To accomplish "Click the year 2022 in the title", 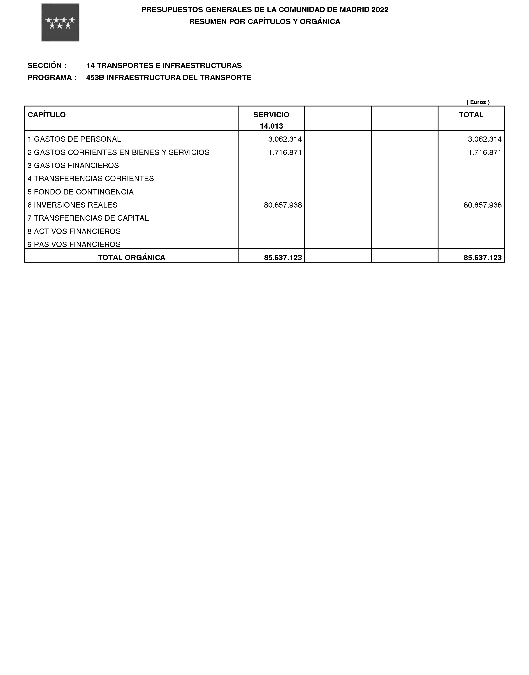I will point(380,10).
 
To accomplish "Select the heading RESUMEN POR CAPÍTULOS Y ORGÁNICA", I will point(264,22).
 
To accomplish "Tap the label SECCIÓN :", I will point(47,66).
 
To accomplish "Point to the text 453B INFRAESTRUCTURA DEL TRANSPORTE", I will point(169,78).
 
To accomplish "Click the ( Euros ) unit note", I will point(478,102).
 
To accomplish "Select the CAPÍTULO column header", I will point(47,115).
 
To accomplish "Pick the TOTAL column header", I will point(471,115).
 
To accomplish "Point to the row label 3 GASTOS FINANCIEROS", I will point(73,166).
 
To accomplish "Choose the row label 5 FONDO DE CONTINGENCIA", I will point(81,192).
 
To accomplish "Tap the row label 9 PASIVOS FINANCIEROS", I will point(74,244).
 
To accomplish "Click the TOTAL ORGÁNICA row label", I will point(132,258).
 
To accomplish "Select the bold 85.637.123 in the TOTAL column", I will point(482,258).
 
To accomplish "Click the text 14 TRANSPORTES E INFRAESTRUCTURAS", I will point(164,66).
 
